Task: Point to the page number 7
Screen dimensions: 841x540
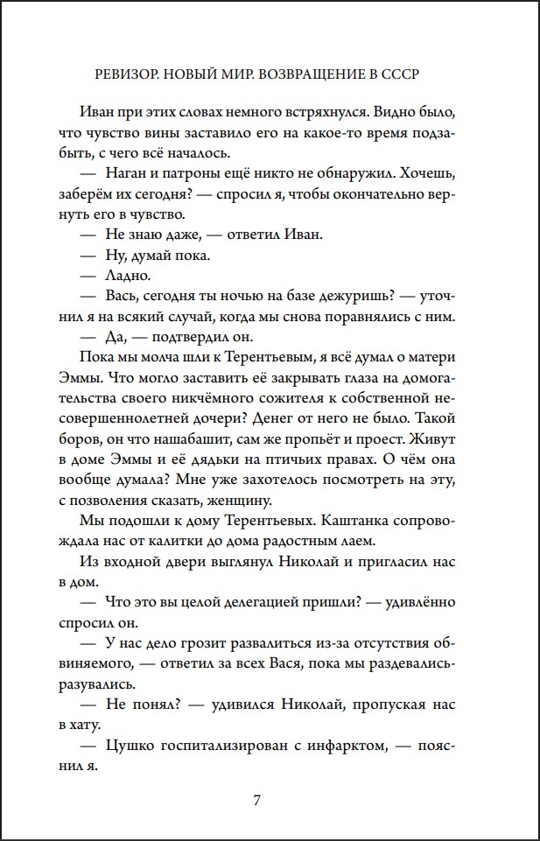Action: (x=256, y=800)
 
